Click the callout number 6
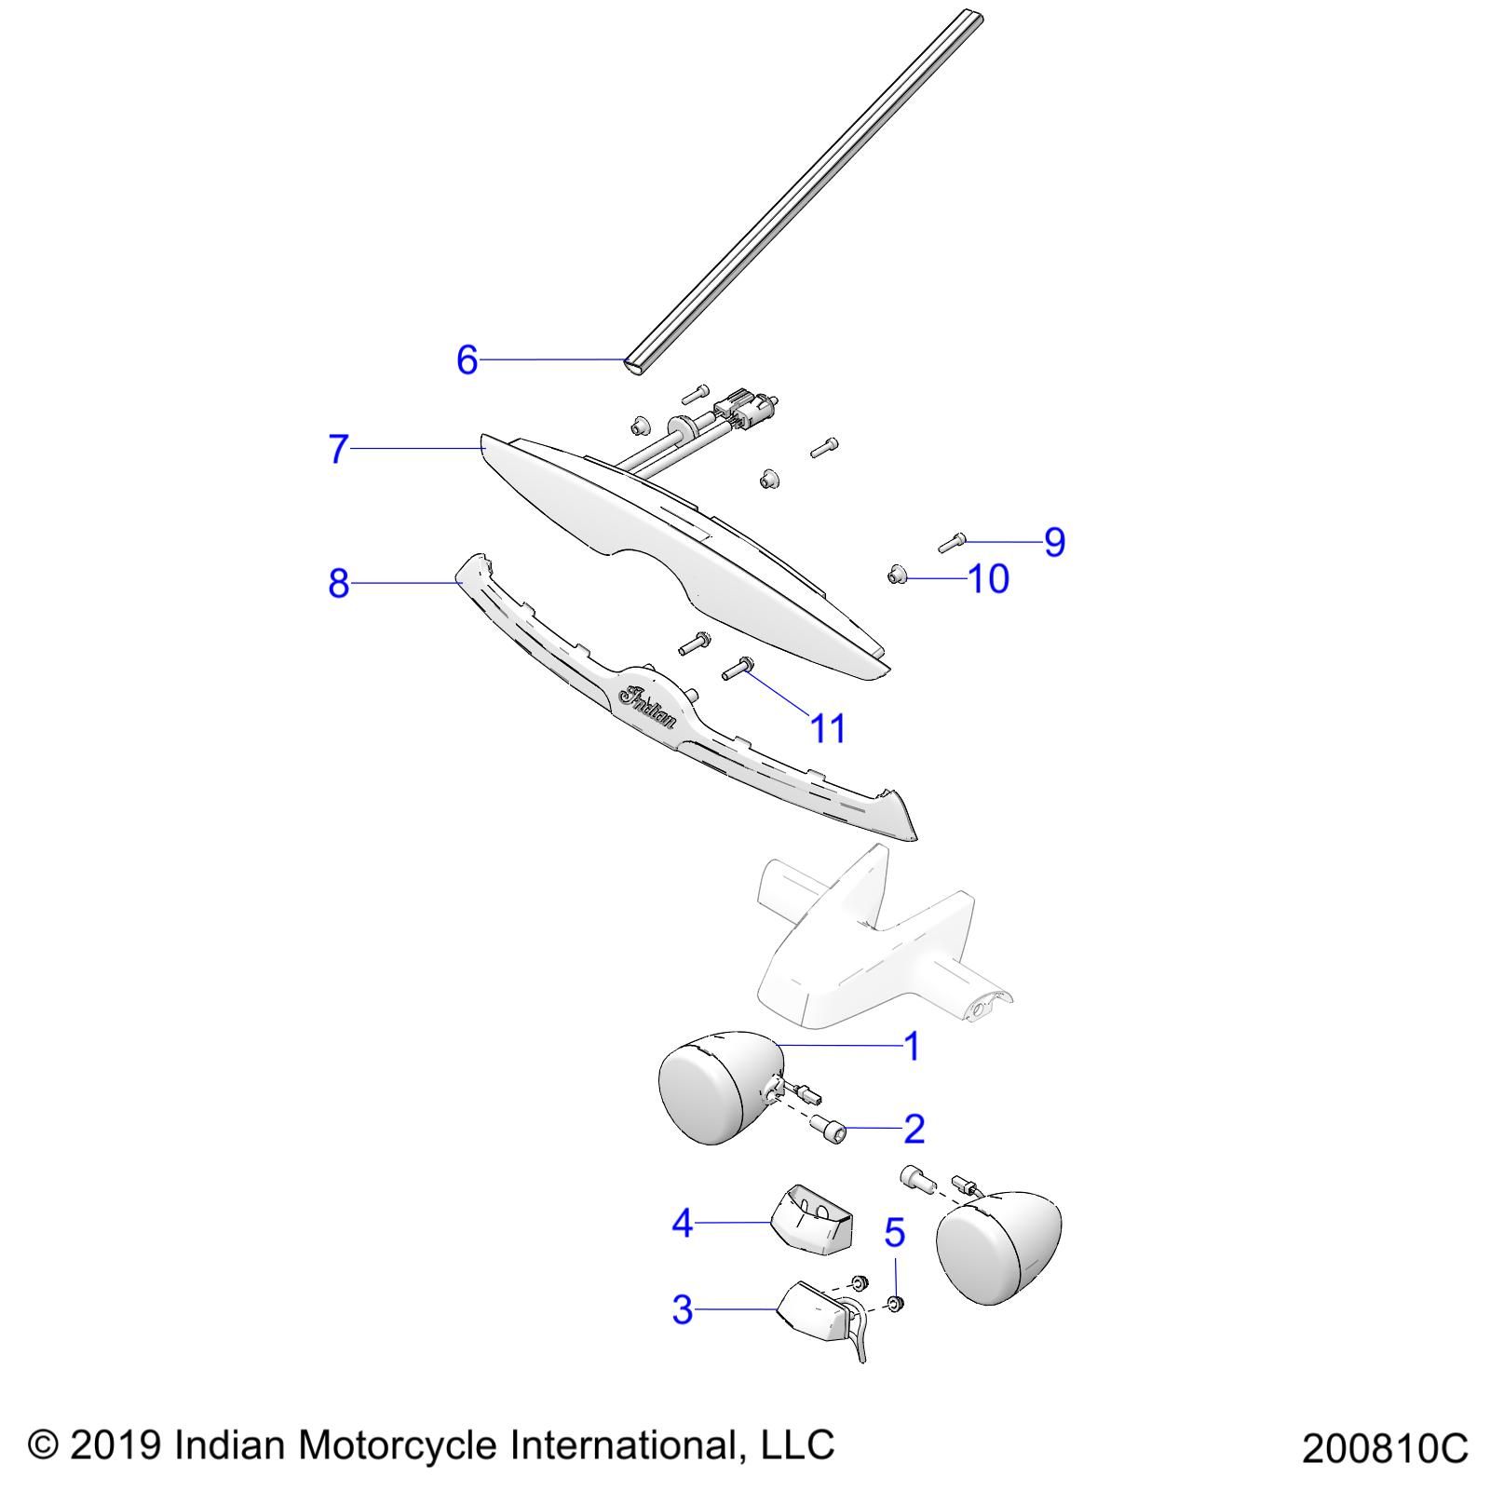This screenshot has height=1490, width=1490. [x=467, y=359]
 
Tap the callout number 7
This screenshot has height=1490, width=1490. [x=338, y=449]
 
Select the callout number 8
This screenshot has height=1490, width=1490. [x=338, y=584]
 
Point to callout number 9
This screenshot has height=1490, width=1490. [x=1054, y=541]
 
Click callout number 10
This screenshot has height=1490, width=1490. [x=989, y=579]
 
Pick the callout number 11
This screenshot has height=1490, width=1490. [x=828, y=728]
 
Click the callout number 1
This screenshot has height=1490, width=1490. [x=913, y=1046]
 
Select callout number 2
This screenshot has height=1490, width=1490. [x=914, y=1129]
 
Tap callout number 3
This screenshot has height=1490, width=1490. [x=683, y=1310]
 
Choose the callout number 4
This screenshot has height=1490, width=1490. [x=683, y=1223]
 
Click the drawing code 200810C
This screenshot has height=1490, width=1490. [x=1384, y=1449]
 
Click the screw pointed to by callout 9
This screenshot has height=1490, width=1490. [x=951, y=542]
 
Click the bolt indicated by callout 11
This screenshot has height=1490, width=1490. [x=738, y=668]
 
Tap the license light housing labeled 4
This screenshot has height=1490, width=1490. [x=812, y=1219]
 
